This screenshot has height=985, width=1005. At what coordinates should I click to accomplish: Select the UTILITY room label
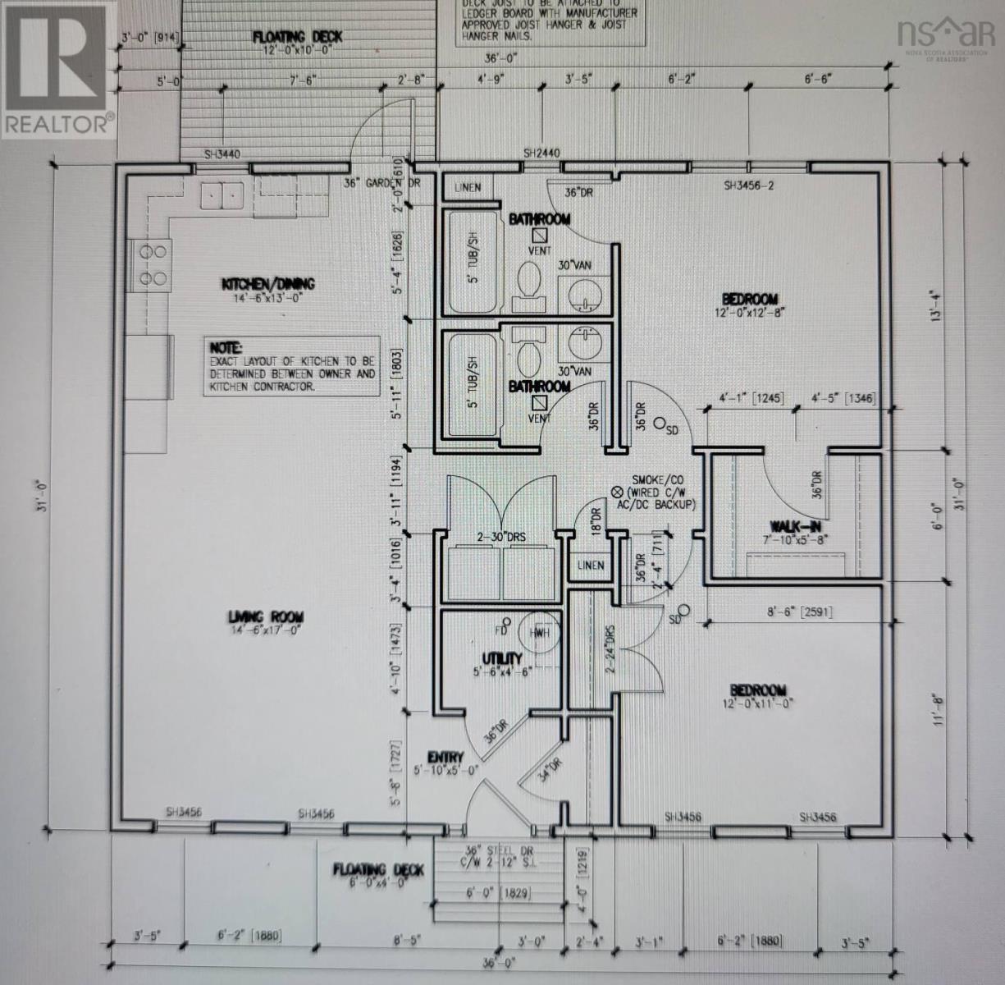501,658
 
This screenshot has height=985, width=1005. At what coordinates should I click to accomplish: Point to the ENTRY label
445,757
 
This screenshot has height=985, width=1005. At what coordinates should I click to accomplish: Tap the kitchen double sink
222,196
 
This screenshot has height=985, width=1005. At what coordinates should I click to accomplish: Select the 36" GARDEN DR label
382,183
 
